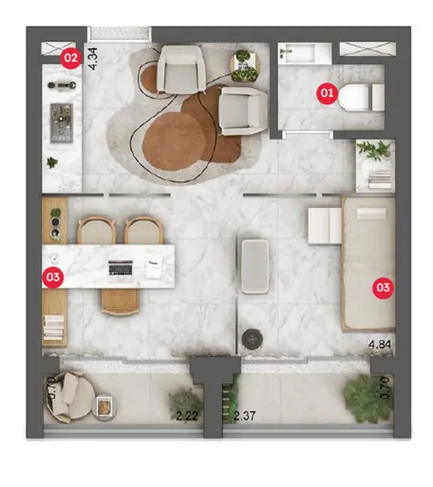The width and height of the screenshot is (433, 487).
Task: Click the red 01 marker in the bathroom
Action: point(326,93)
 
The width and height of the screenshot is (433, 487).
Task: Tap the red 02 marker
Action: point(70,56)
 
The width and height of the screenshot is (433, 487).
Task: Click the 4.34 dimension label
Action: point(94,58)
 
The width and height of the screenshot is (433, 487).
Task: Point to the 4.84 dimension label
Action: point(381,345)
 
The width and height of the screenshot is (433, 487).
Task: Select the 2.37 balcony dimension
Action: point(247,416)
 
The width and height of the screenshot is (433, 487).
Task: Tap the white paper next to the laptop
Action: point(155,264)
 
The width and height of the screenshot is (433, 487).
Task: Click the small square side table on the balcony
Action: point(103,406)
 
